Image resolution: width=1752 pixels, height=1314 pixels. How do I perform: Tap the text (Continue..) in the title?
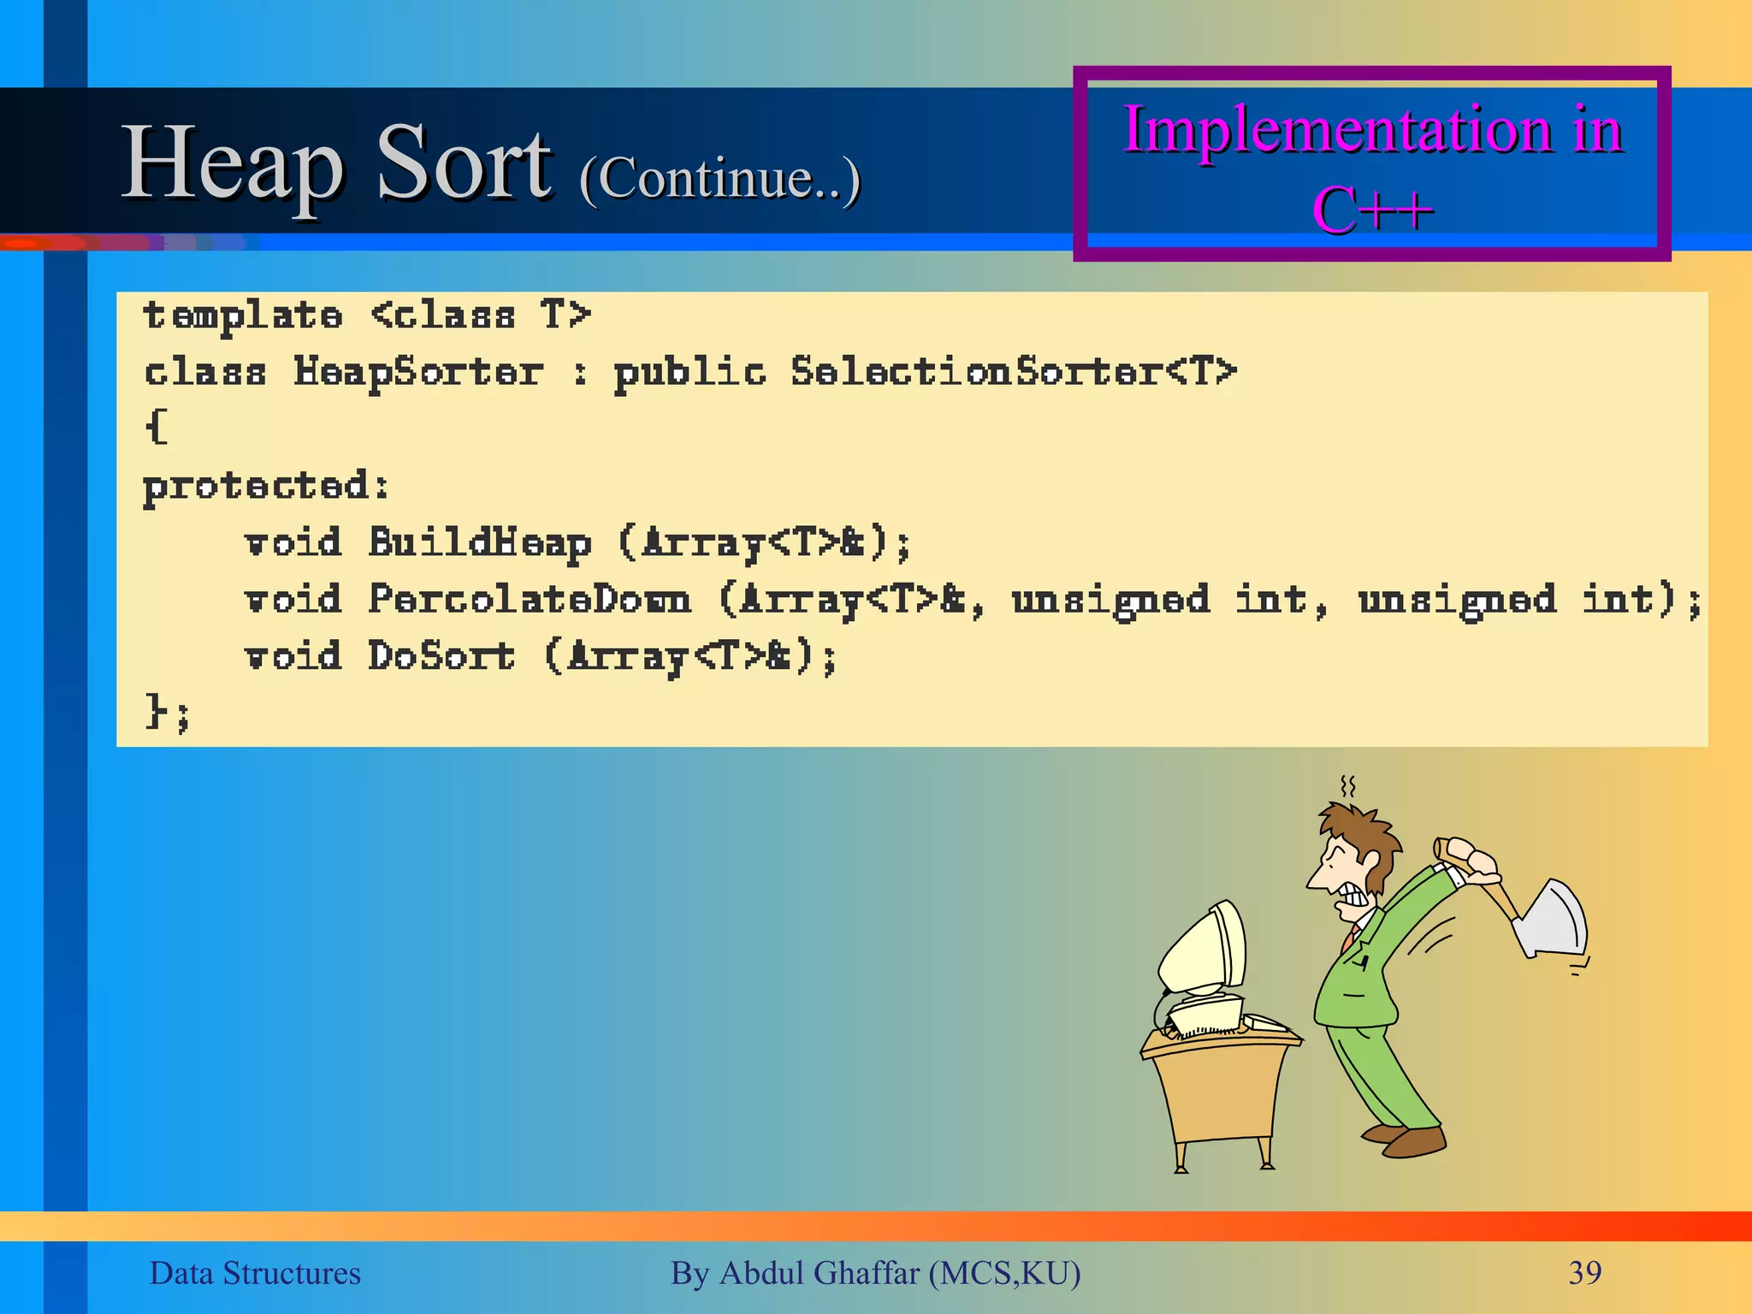719,178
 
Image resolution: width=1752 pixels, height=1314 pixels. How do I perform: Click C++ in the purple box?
1372,210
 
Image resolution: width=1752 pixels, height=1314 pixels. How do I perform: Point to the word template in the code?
243,317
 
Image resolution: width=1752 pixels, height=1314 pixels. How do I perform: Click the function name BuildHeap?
479,543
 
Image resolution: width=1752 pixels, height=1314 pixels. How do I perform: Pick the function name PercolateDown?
529,600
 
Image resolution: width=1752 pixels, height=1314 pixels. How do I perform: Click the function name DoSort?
441,657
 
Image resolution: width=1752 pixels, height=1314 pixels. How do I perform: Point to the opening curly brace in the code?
157,427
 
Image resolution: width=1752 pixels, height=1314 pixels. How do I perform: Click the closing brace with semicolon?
167,712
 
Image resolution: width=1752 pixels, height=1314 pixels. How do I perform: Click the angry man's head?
1352,860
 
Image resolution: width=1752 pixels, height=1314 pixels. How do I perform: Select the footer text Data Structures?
255,1273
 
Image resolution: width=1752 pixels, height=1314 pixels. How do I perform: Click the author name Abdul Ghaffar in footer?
820,1273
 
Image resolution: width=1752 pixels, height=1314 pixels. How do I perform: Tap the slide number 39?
1584,1273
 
